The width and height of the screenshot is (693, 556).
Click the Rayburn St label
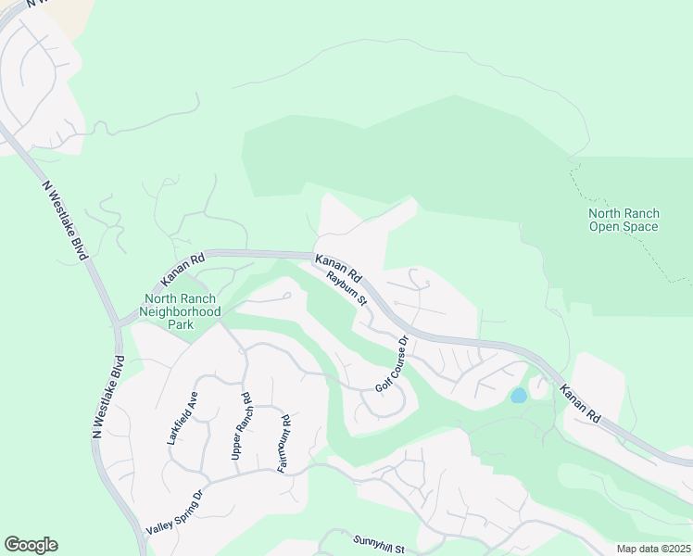pos(346,287)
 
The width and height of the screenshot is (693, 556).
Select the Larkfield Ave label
pos(183,419)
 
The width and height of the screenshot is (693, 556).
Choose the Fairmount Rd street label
pos(284,443)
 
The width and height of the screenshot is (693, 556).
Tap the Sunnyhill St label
pos(379,545)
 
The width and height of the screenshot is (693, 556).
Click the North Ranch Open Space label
pos(624,220)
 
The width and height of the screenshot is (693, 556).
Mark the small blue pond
pos(518,396)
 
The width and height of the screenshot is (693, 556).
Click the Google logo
pos(31,545)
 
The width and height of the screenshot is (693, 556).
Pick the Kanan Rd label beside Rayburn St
pos(336,266)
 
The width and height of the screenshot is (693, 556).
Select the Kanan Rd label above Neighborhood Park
pos(182,269)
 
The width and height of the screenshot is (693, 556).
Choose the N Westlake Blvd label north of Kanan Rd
pos(63,220)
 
